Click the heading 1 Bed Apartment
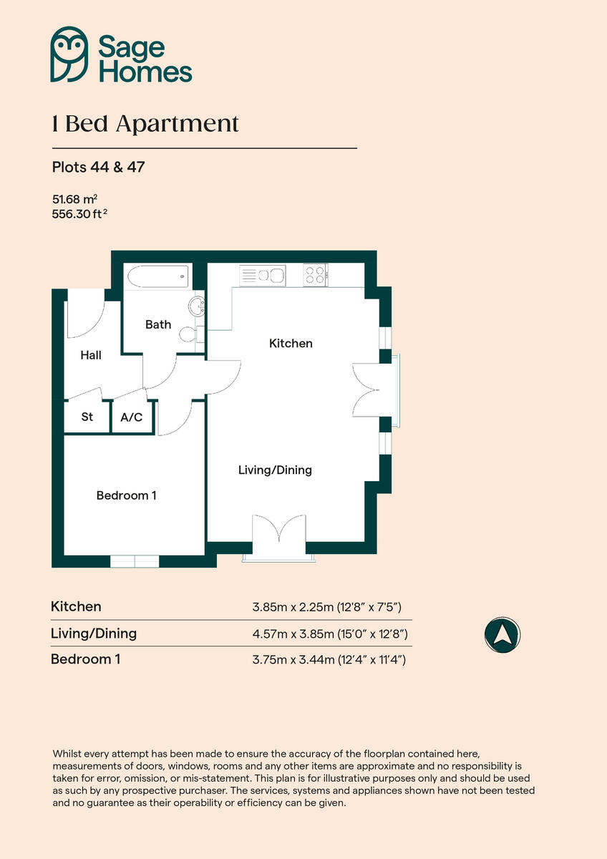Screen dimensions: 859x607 145,124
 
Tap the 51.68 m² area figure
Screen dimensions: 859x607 74,199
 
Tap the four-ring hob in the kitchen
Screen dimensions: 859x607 314,275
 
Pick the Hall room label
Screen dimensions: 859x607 90,355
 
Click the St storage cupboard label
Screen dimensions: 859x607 87,417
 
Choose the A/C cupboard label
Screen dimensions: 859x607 132,417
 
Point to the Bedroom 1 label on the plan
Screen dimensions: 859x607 126,495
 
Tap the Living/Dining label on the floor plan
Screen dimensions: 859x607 275,470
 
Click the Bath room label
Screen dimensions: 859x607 158,324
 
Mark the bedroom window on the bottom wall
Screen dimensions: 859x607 135,561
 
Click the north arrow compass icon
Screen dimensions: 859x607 502,634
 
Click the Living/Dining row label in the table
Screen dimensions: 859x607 93,634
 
